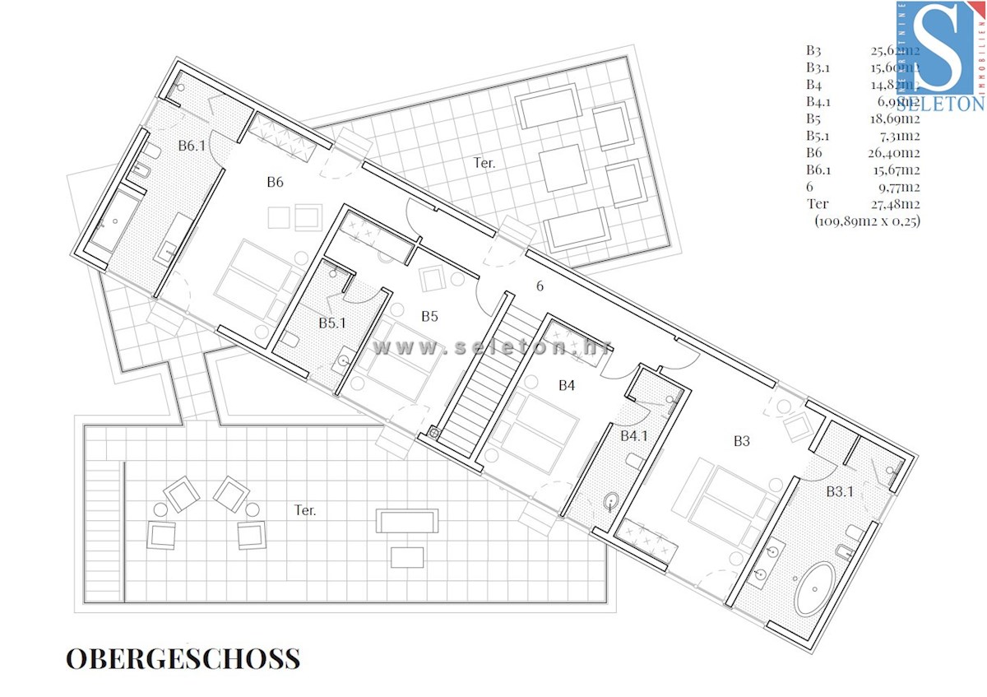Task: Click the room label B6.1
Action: point(192,145)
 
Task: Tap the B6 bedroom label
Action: point(275,182)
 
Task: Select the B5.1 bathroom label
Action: point(332,323)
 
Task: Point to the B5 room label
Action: point(429,315)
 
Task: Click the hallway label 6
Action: point(540,286)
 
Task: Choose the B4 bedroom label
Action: point(567,384)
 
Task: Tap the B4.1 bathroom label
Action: point(634,434)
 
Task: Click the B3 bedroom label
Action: point(742,441)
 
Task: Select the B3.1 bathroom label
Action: point(840,491)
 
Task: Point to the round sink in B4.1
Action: point(611,500)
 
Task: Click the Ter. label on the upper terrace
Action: point(484,163)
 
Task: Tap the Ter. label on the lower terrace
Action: point(305,510)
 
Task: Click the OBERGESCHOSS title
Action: point(183,658)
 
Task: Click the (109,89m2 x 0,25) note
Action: point(867,221)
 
